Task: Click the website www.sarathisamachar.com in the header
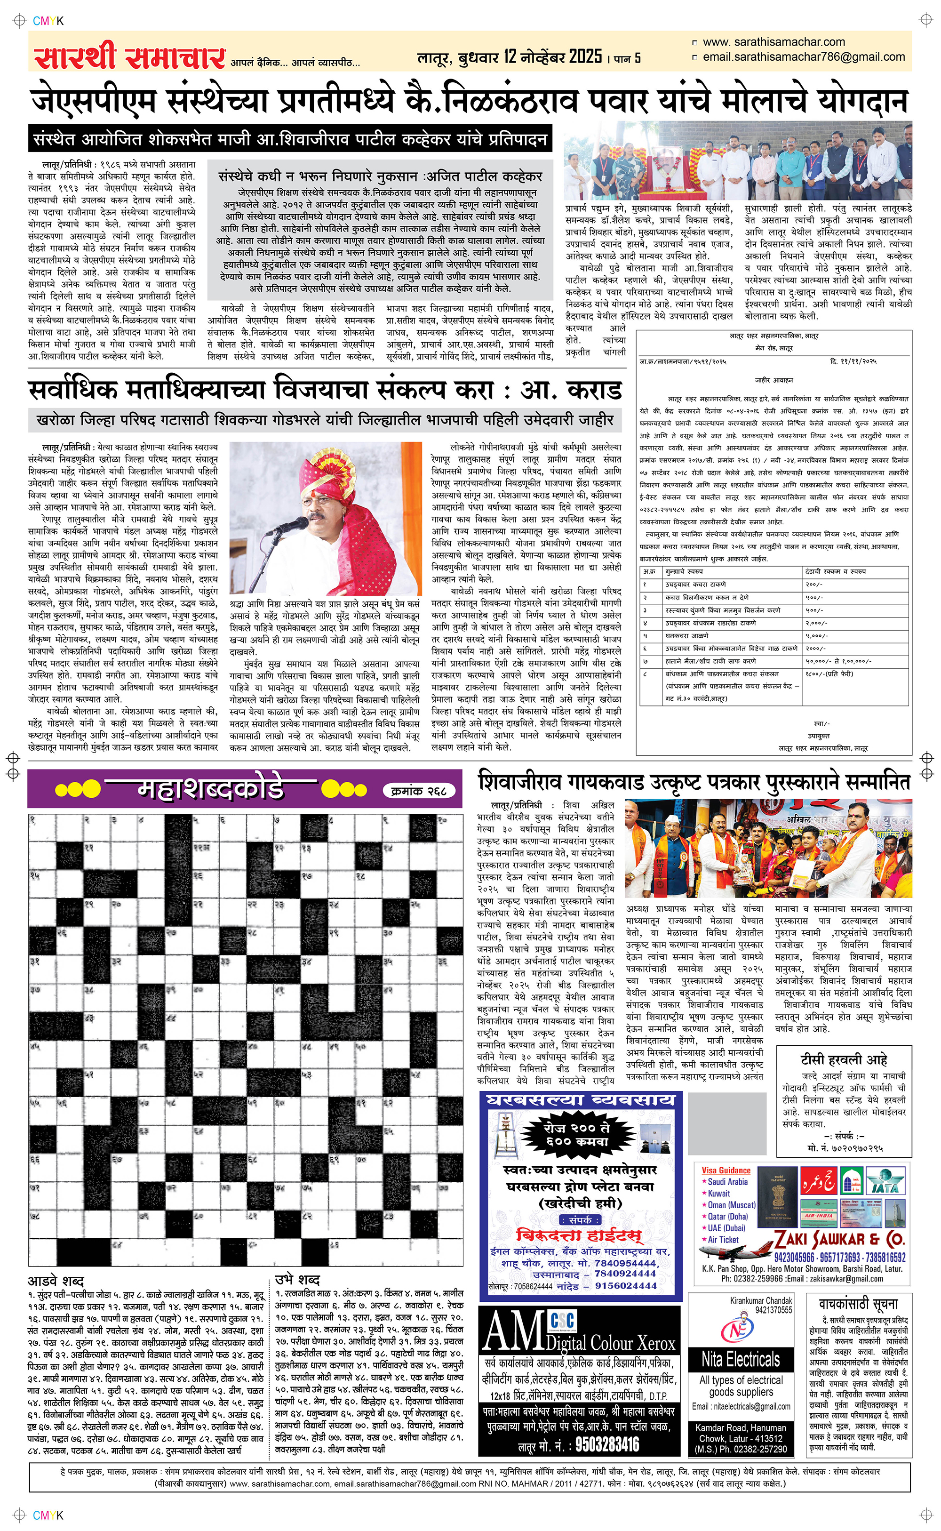tap(774, 42)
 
